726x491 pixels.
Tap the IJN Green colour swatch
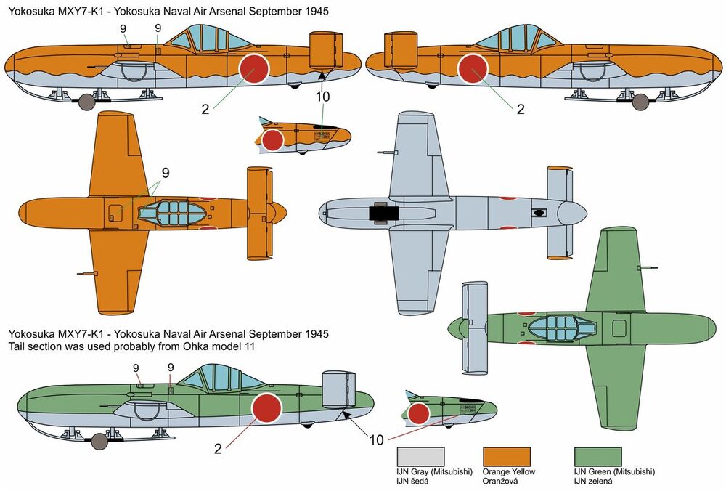click(597, 455)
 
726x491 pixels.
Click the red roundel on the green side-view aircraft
click(264, 408)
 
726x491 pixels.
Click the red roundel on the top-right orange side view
click(473, 70)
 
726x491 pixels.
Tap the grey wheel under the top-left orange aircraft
click(86, 102)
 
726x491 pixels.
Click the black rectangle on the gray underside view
click(384, 213)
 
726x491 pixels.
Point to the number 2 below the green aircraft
click(218, 448)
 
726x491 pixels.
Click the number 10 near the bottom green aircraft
click(375, 440)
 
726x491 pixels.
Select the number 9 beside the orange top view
click(166, 173)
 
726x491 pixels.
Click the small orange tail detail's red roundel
click(273, 139)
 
